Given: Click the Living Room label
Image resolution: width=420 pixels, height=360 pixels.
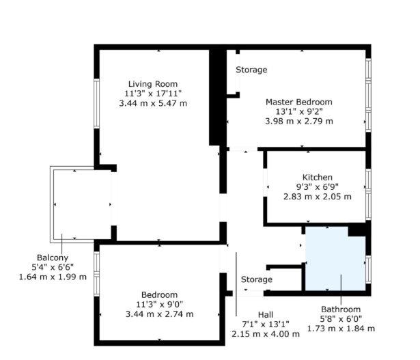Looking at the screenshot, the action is [x=153, y=84].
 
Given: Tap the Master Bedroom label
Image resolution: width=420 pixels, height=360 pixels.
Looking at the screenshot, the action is [x=299, y=102].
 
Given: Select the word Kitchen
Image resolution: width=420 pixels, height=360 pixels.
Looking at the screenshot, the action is [x=318, y=178].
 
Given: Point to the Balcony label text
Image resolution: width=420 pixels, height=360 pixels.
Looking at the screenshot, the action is [x=53, y=258].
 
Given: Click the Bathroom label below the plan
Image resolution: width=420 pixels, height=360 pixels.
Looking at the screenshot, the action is [x=341, y=309].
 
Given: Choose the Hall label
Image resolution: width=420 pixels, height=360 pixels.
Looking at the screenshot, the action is [x=266, y=315].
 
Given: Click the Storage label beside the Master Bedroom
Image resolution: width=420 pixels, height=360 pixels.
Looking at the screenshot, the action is [x=251, y=70].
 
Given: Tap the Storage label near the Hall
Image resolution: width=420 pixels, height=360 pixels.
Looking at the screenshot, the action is [x=257, y=279].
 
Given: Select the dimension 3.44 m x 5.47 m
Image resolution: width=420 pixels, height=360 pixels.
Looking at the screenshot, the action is [x=153, y=103].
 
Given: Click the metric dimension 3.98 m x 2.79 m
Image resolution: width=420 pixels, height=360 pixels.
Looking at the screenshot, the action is [x=299, y=122].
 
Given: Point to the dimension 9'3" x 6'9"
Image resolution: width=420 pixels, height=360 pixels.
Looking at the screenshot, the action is [x=318, y=187].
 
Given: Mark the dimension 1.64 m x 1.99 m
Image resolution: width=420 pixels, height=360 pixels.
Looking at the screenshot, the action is [x=53, y=277].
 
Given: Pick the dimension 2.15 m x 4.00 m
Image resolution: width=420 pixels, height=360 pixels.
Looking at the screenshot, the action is [x=266, y=334].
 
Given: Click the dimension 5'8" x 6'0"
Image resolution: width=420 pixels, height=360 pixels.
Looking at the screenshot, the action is [x=341, y=319].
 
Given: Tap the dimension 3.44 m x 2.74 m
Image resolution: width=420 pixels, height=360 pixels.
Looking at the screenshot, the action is [x=159, y=314].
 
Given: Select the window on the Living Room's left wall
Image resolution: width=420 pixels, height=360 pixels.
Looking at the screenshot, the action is [x=97, y=103].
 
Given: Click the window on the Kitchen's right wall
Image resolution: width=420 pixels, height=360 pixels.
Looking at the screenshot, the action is [x=368, y=195].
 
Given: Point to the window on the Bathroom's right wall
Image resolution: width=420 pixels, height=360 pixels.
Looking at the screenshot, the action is [x=368, y=269].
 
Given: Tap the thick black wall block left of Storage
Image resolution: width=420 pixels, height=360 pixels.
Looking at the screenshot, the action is [x=218, y=98].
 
